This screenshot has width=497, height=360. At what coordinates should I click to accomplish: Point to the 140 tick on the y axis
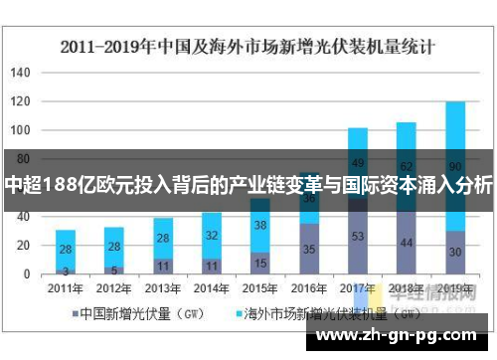coord(22,74)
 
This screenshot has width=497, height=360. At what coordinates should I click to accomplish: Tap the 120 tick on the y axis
coord(22,101)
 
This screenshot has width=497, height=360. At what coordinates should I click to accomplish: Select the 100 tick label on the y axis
coord(22,130)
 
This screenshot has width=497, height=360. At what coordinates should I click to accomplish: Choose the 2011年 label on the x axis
coord(65,288)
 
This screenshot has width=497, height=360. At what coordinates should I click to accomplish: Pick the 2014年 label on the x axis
coord(211,288)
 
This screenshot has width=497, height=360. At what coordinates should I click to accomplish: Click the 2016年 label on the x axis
coord(308,288)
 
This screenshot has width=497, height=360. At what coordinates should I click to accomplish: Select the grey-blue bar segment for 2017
coord(358,236)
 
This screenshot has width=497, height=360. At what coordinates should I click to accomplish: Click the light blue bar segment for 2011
coord(65,250)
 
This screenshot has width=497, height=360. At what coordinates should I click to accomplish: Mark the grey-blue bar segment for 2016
coord(308,249)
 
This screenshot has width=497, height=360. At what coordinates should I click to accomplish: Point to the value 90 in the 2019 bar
coord(455,165)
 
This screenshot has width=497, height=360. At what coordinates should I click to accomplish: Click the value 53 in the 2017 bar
coord(358,236)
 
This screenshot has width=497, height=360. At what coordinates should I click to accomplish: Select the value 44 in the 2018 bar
coord(407,242)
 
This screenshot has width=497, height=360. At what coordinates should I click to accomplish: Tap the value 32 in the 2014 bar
coord(211,236)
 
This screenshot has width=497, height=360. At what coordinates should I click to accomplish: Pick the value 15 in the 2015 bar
coord(259,264)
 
